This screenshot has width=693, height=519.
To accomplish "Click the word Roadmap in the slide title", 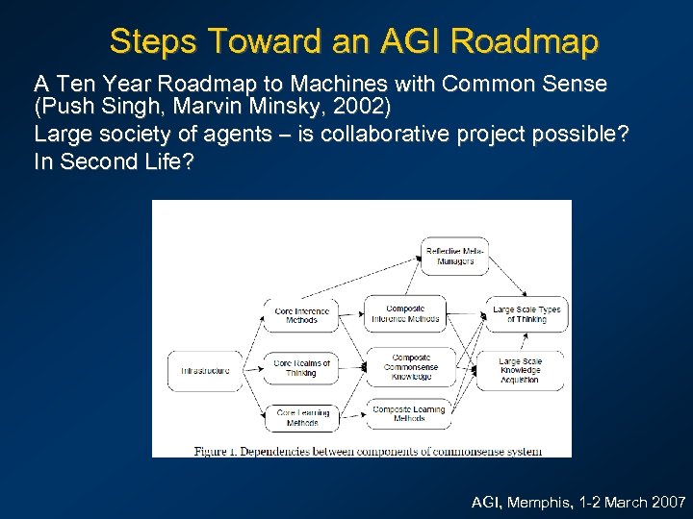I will [x=524, y=41].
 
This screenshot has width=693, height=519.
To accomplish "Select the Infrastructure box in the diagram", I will [x=205, y=371].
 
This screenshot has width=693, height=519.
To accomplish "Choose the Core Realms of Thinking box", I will [x=301, y=368].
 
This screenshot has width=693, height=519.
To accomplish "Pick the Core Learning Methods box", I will [x=301, y=417].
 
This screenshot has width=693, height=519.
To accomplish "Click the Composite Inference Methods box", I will [x=405, y=313].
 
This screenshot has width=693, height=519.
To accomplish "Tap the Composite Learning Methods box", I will [x=409, y=413].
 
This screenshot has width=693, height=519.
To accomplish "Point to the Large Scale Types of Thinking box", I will [x=526, y=314].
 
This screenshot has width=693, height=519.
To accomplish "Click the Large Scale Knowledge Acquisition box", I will [x=520, y=370].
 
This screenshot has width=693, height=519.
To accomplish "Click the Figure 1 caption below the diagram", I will [x=368, y=451].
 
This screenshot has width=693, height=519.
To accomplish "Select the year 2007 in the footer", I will [x=666, y=502].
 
